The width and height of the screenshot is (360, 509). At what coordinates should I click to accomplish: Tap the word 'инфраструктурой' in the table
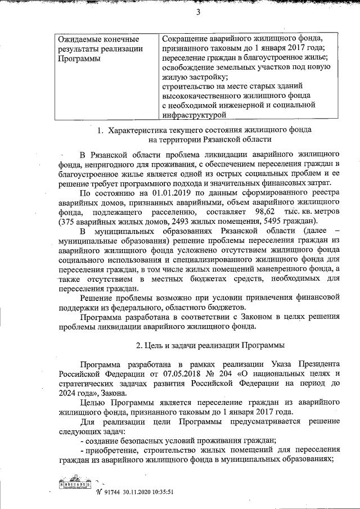point(196,115)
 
